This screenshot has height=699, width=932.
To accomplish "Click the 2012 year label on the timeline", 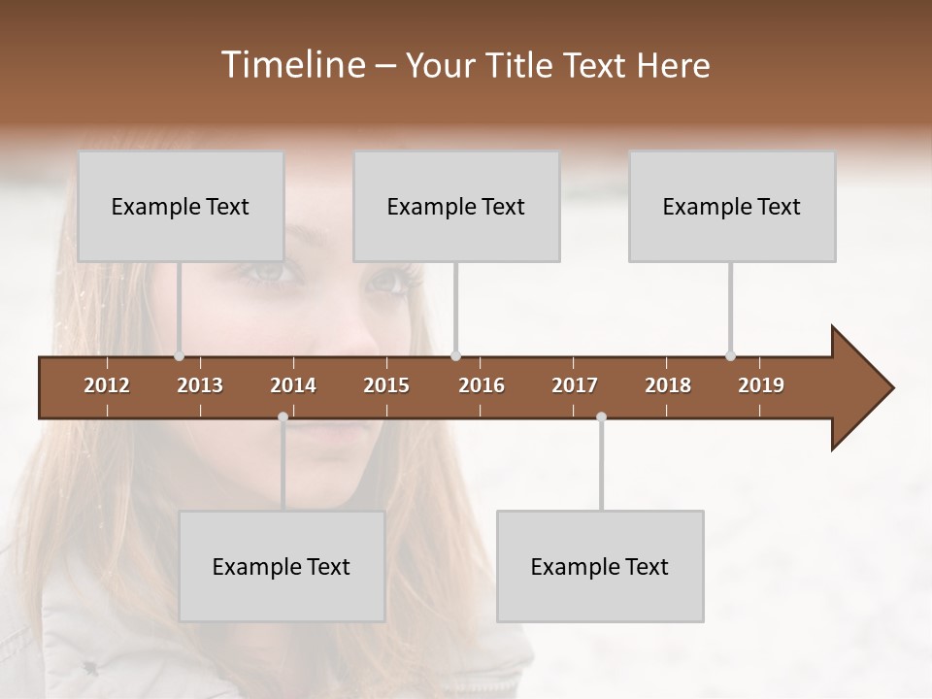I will point(107,385).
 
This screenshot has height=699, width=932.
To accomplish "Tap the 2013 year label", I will point(200,385).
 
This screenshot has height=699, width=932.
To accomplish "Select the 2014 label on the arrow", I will point(293,385).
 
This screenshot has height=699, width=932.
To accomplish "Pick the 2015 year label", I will point(386,385).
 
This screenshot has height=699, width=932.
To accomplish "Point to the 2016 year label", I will point(482,385).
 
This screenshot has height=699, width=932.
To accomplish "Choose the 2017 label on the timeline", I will point(575,385).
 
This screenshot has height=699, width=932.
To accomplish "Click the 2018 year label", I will point(668,385).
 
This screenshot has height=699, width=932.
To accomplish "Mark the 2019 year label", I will point(761,385).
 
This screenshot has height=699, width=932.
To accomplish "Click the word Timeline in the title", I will point(291,65).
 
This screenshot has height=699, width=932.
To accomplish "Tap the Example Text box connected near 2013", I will point(181,207).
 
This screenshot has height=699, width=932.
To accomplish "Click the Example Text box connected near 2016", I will point(456,207).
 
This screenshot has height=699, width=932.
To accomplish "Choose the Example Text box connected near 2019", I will point(732,207).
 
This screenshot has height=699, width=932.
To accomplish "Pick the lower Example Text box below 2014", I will point(282,567).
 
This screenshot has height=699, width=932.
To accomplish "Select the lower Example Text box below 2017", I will point(600,567).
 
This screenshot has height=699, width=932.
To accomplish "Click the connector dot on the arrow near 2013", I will point(179,356).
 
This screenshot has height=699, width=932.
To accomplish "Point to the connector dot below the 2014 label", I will point(283,417).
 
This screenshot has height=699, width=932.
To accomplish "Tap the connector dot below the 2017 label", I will point(601,417).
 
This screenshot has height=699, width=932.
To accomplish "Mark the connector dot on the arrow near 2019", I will point(730,356).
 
